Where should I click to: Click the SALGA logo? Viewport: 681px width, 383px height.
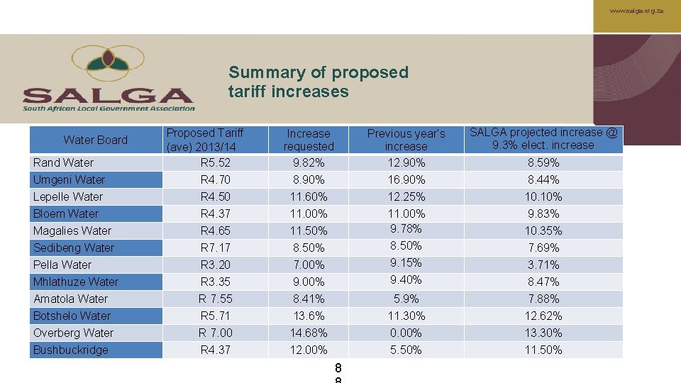pyautogui.click(x=109, y=79)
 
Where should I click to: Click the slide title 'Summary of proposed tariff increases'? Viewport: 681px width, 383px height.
pyautogui.click(x=319, y=82)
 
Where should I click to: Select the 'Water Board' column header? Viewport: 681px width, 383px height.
pyautogui.click(x=96, y=140)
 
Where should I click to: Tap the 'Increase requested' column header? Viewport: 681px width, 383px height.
pyautogui.click(x=309, y=140)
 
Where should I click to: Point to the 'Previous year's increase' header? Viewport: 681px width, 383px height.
pyautogui.click(x=406, y=140)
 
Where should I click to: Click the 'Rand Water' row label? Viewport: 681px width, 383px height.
pyautogui.click(x=63, y=162)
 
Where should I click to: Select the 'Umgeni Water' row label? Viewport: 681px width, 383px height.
pyautogui.click(x=69, y=179)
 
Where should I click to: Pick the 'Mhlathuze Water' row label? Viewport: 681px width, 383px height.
pyautogui.click(x=76, y=282)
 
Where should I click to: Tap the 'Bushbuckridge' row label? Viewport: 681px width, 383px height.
pyautogui.click(x=71, y=350)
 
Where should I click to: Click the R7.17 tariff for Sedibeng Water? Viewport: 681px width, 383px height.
pyautogui.click(x=216, y=248)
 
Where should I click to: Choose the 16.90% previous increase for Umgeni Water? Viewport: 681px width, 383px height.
pyautogui.click(x=406, y=179)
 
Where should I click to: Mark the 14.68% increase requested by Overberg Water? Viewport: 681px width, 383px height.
pyautogui.click(x=309, y=333)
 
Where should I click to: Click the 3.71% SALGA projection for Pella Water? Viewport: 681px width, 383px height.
pyautogui.click(x=543, y=265)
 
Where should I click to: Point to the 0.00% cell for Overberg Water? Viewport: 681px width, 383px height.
pyautogui.click(x=406, y=333)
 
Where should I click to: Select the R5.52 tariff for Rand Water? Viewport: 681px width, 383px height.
pyautogui.click(x=216, y=162)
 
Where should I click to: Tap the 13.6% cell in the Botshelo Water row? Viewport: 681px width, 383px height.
pyautogui.click(x=309, y=316)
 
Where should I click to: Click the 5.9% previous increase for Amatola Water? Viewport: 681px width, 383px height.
pyautogui.click(x=406, y=299)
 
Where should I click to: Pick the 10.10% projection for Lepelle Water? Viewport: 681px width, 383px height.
pyautogui.click(x=543, y=196)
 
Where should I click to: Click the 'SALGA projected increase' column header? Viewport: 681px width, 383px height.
pyautogui.click(x=543, y=138)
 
